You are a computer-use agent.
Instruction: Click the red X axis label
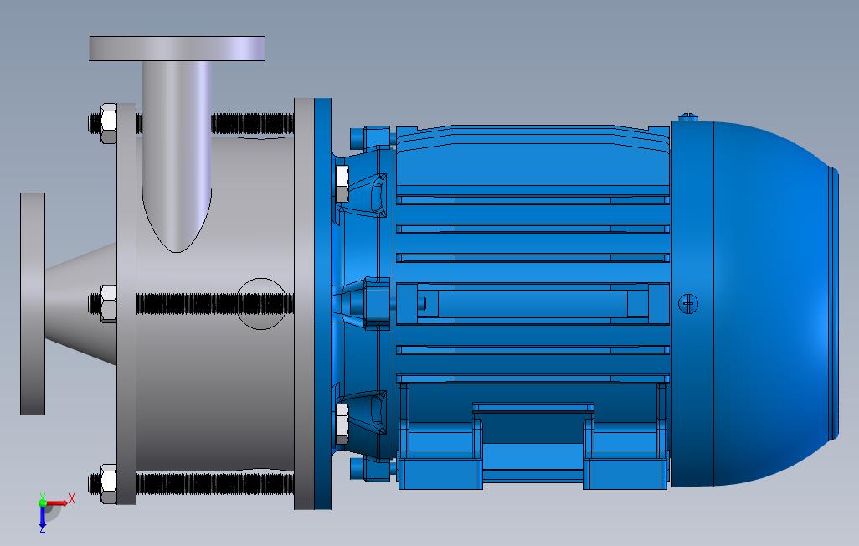(71, 499)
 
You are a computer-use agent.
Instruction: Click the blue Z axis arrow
(42, 516)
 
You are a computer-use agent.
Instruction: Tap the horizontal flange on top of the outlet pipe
(177, 49)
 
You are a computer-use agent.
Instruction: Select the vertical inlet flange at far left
(33, 304)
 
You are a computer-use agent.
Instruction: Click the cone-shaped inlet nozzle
(80, 304)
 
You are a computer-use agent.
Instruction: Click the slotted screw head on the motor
(688, 303)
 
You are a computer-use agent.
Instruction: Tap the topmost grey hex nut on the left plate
(109, 123)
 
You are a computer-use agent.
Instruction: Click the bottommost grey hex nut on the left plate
(109, 483)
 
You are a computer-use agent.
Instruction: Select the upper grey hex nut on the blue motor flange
(342, 183)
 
